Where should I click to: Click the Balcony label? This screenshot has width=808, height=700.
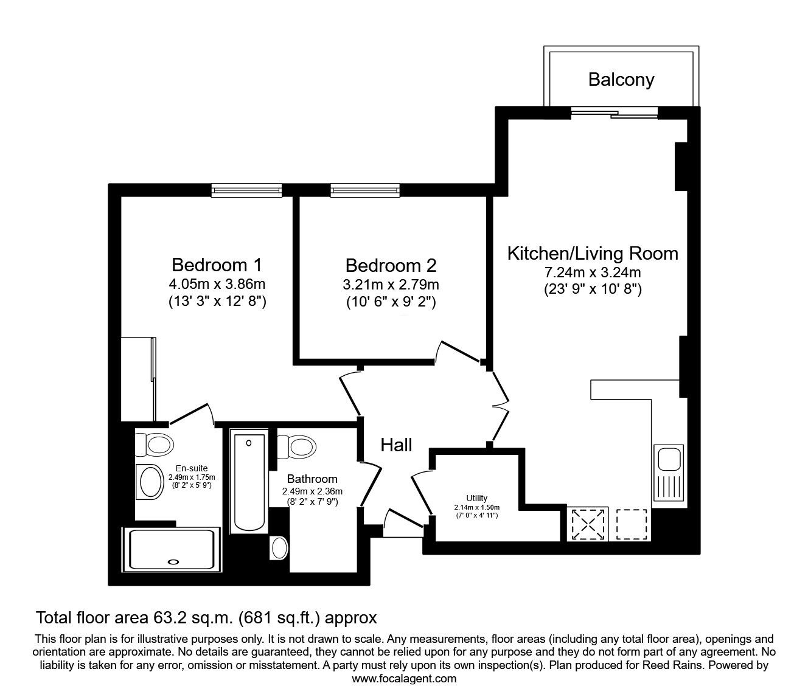[621, 80]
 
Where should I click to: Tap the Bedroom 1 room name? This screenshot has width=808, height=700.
[217, 265]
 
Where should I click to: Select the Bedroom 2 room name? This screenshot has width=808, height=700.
[391, 265]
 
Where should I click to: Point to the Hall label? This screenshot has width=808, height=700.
[396, 445]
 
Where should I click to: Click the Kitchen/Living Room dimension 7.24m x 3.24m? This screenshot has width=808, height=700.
[593, 272]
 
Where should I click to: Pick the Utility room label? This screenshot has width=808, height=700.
[476, 498]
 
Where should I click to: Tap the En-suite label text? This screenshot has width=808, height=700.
[192, 468]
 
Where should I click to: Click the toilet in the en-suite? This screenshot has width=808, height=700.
[155, 445]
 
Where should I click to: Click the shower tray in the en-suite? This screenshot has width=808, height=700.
[172, 549]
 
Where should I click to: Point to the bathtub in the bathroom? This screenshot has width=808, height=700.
[249, 481]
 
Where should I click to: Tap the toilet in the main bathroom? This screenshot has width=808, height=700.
[297, 447]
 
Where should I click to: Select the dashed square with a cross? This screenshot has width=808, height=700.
[588, 524]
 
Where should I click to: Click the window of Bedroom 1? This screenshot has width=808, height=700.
[246, 190]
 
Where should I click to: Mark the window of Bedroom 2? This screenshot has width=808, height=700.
[365, 190]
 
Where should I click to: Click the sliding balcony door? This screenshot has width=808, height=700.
[615, 113]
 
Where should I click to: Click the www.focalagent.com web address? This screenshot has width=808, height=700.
[404, 679]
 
